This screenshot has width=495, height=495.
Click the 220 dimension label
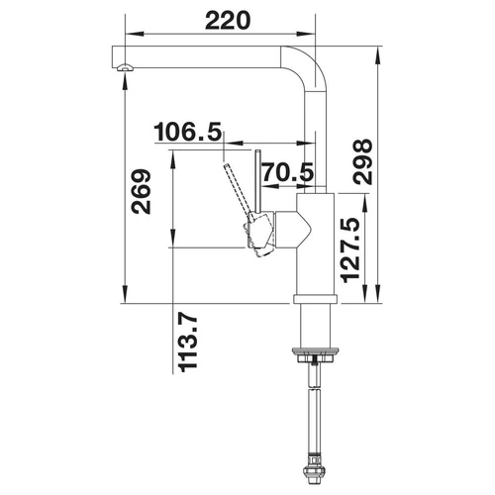pos(228,21)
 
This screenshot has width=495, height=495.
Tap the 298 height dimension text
pos(362,161)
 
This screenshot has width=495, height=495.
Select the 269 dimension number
pos(142,192)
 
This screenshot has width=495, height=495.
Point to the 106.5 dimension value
pos(187,132)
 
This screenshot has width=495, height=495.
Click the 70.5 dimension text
pos(288,172)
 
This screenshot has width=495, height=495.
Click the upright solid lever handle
pos(258,183)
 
